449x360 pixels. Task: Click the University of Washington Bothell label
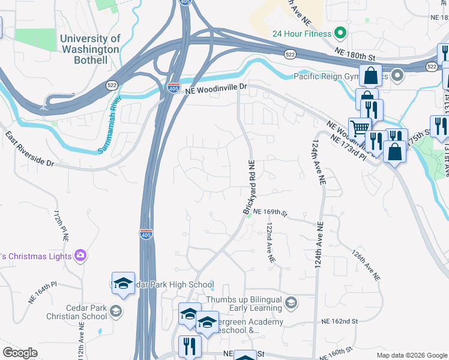coord(90,49)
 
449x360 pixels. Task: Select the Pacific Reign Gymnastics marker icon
coord(397,76)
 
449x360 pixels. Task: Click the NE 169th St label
coord(271,212)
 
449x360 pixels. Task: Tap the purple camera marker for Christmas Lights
coord(80,256)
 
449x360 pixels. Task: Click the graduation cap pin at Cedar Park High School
coord(123,283)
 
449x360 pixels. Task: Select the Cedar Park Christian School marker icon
coord(115,311)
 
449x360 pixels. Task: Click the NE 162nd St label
coord(346,322)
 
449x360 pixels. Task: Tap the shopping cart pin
coord(359,128)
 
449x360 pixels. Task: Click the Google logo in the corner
coord(20,353)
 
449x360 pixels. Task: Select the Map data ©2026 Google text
coord(411,355)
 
